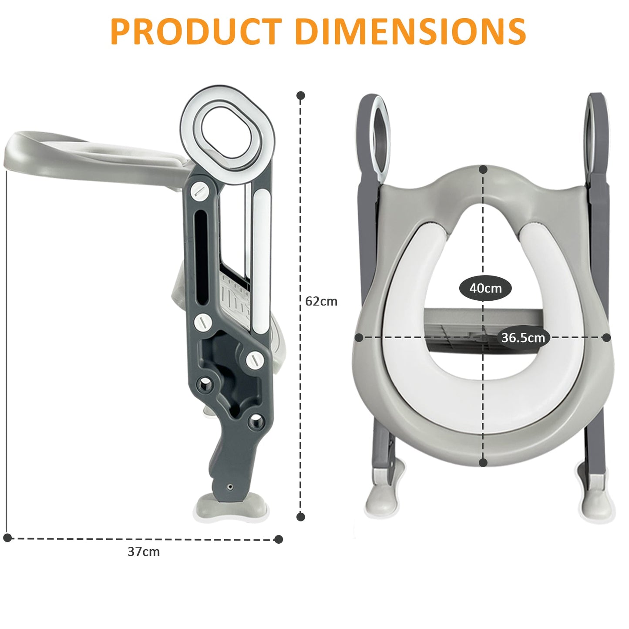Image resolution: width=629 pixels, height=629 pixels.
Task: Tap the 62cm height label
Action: click(x=321, y=301)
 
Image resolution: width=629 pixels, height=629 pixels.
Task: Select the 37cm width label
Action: click(x=144, y=552)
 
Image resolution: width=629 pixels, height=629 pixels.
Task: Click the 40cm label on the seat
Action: click(x=485, y=288)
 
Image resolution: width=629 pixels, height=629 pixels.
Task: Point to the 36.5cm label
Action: click(x=523, y=338)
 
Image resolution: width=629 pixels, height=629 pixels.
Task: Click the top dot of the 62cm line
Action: click(x=301, y=96)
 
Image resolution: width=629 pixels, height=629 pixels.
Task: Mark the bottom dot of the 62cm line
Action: click(x=301, y=517)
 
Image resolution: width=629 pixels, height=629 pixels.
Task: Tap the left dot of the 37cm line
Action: click(x=7, y=538)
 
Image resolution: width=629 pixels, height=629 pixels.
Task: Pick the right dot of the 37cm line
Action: click(x=279, y=539)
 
